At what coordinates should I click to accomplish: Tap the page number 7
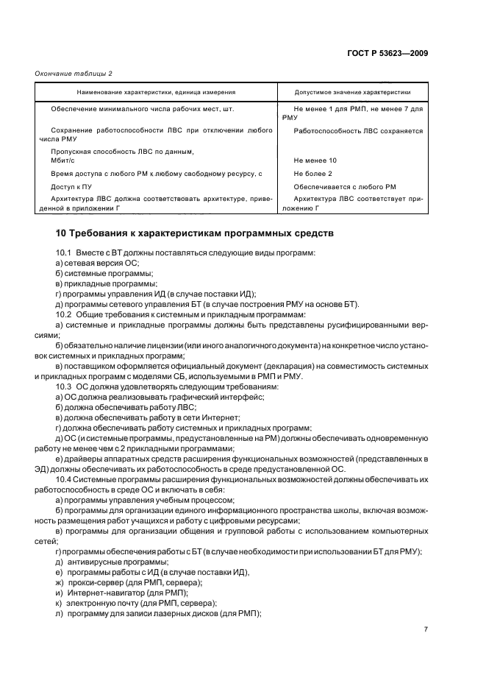point(426,629)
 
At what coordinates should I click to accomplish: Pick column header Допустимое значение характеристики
point(352,93)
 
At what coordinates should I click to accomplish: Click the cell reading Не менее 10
point(315,160)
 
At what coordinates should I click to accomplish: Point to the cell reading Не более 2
point(312,173)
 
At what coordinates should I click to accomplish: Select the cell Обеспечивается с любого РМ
point(344,186)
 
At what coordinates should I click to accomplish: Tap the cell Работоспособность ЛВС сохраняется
point(357,130)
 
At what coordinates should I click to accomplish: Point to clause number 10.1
point(64,253)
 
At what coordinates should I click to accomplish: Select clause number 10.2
point(64,314)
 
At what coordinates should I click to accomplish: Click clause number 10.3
point(64,386)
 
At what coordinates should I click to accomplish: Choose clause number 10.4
point(64,478)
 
